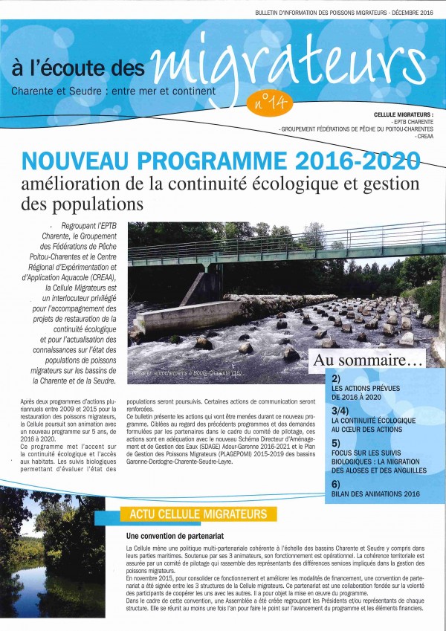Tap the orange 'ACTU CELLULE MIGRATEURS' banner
pyautogui.click(x=198, y=514)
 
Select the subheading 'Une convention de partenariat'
pyautogui.click(x=172, y=535)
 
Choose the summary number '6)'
pyautogui.click(x=336, y=483)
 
